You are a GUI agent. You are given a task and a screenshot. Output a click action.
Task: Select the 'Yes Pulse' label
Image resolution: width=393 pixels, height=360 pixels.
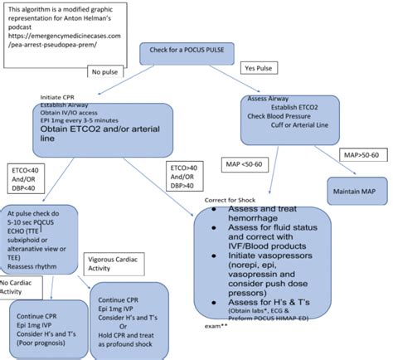click(x=256, y=66)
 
